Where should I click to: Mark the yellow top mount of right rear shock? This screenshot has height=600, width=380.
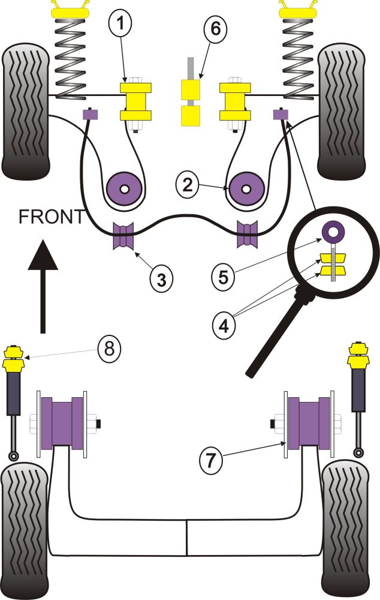(x=358, y=358)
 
